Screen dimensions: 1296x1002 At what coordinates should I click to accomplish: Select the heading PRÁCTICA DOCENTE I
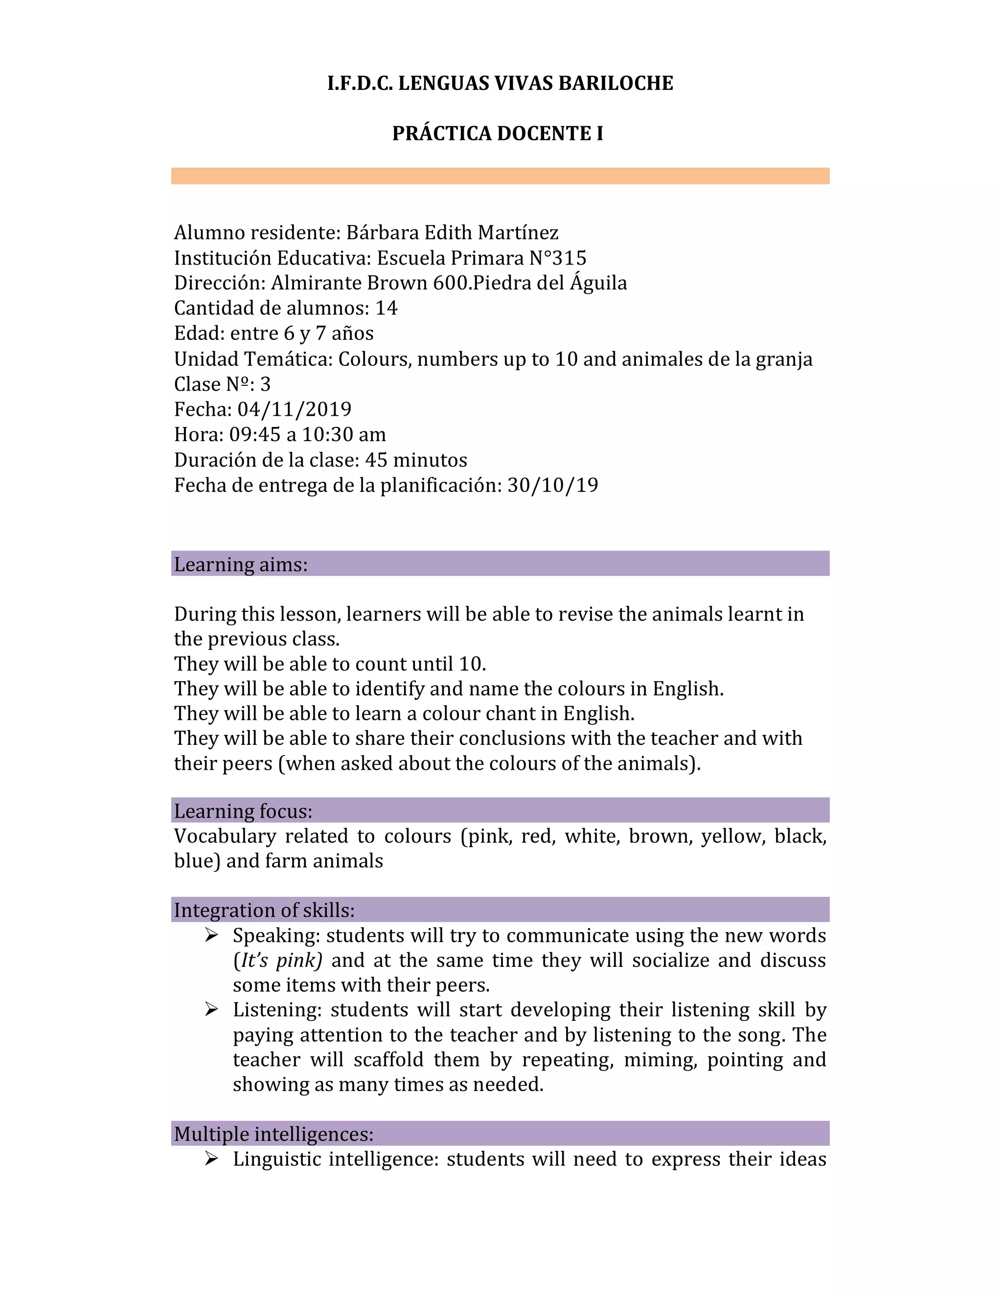point(498,134)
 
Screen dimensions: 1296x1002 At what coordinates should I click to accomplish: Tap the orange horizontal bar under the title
point(500,176)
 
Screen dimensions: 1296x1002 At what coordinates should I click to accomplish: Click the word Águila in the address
point(598,283)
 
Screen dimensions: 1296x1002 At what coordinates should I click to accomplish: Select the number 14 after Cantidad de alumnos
point(387,308)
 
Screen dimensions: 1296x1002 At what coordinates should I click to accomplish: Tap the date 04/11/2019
point(295,409)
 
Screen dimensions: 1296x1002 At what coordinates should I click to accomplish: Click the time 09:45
point(254,435)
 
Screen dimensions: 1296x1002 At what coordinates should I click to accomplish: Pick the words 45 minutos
point(416,461)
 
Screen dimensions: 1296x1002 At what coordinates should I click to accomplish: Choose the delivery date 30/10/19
point(553,486)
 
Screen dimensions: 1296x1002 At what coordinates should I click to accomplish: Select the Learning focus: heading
point(243,811)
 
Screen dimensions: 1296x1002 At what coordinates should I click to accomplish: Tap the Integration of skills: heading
point(264,910)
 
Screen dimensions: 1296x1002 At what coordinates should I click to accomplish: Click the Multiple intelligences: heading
point(273,1134)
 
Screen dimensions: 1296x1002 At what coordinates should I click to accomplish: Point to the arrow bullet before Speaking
point(211,936)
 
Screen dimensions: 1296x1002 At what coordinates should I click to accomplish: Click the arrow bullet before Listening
point(211,1010)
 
